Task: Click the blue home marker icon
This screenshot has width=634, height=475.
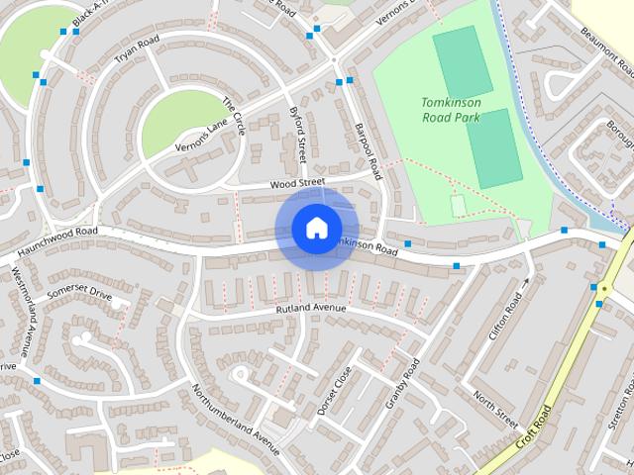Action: pos(316,229)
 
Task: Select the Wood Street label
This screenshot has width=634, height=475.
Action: pos(297,183)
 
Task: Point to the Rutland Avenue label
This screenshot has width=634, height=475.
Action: pos(310,309)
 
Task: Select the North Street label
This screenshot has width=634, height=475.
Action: pos(495,405)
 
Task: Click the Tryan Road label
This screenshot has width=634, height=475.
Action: pos(136,48)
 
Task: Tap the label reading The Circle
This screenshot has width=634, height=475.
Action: pos(233,118)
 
